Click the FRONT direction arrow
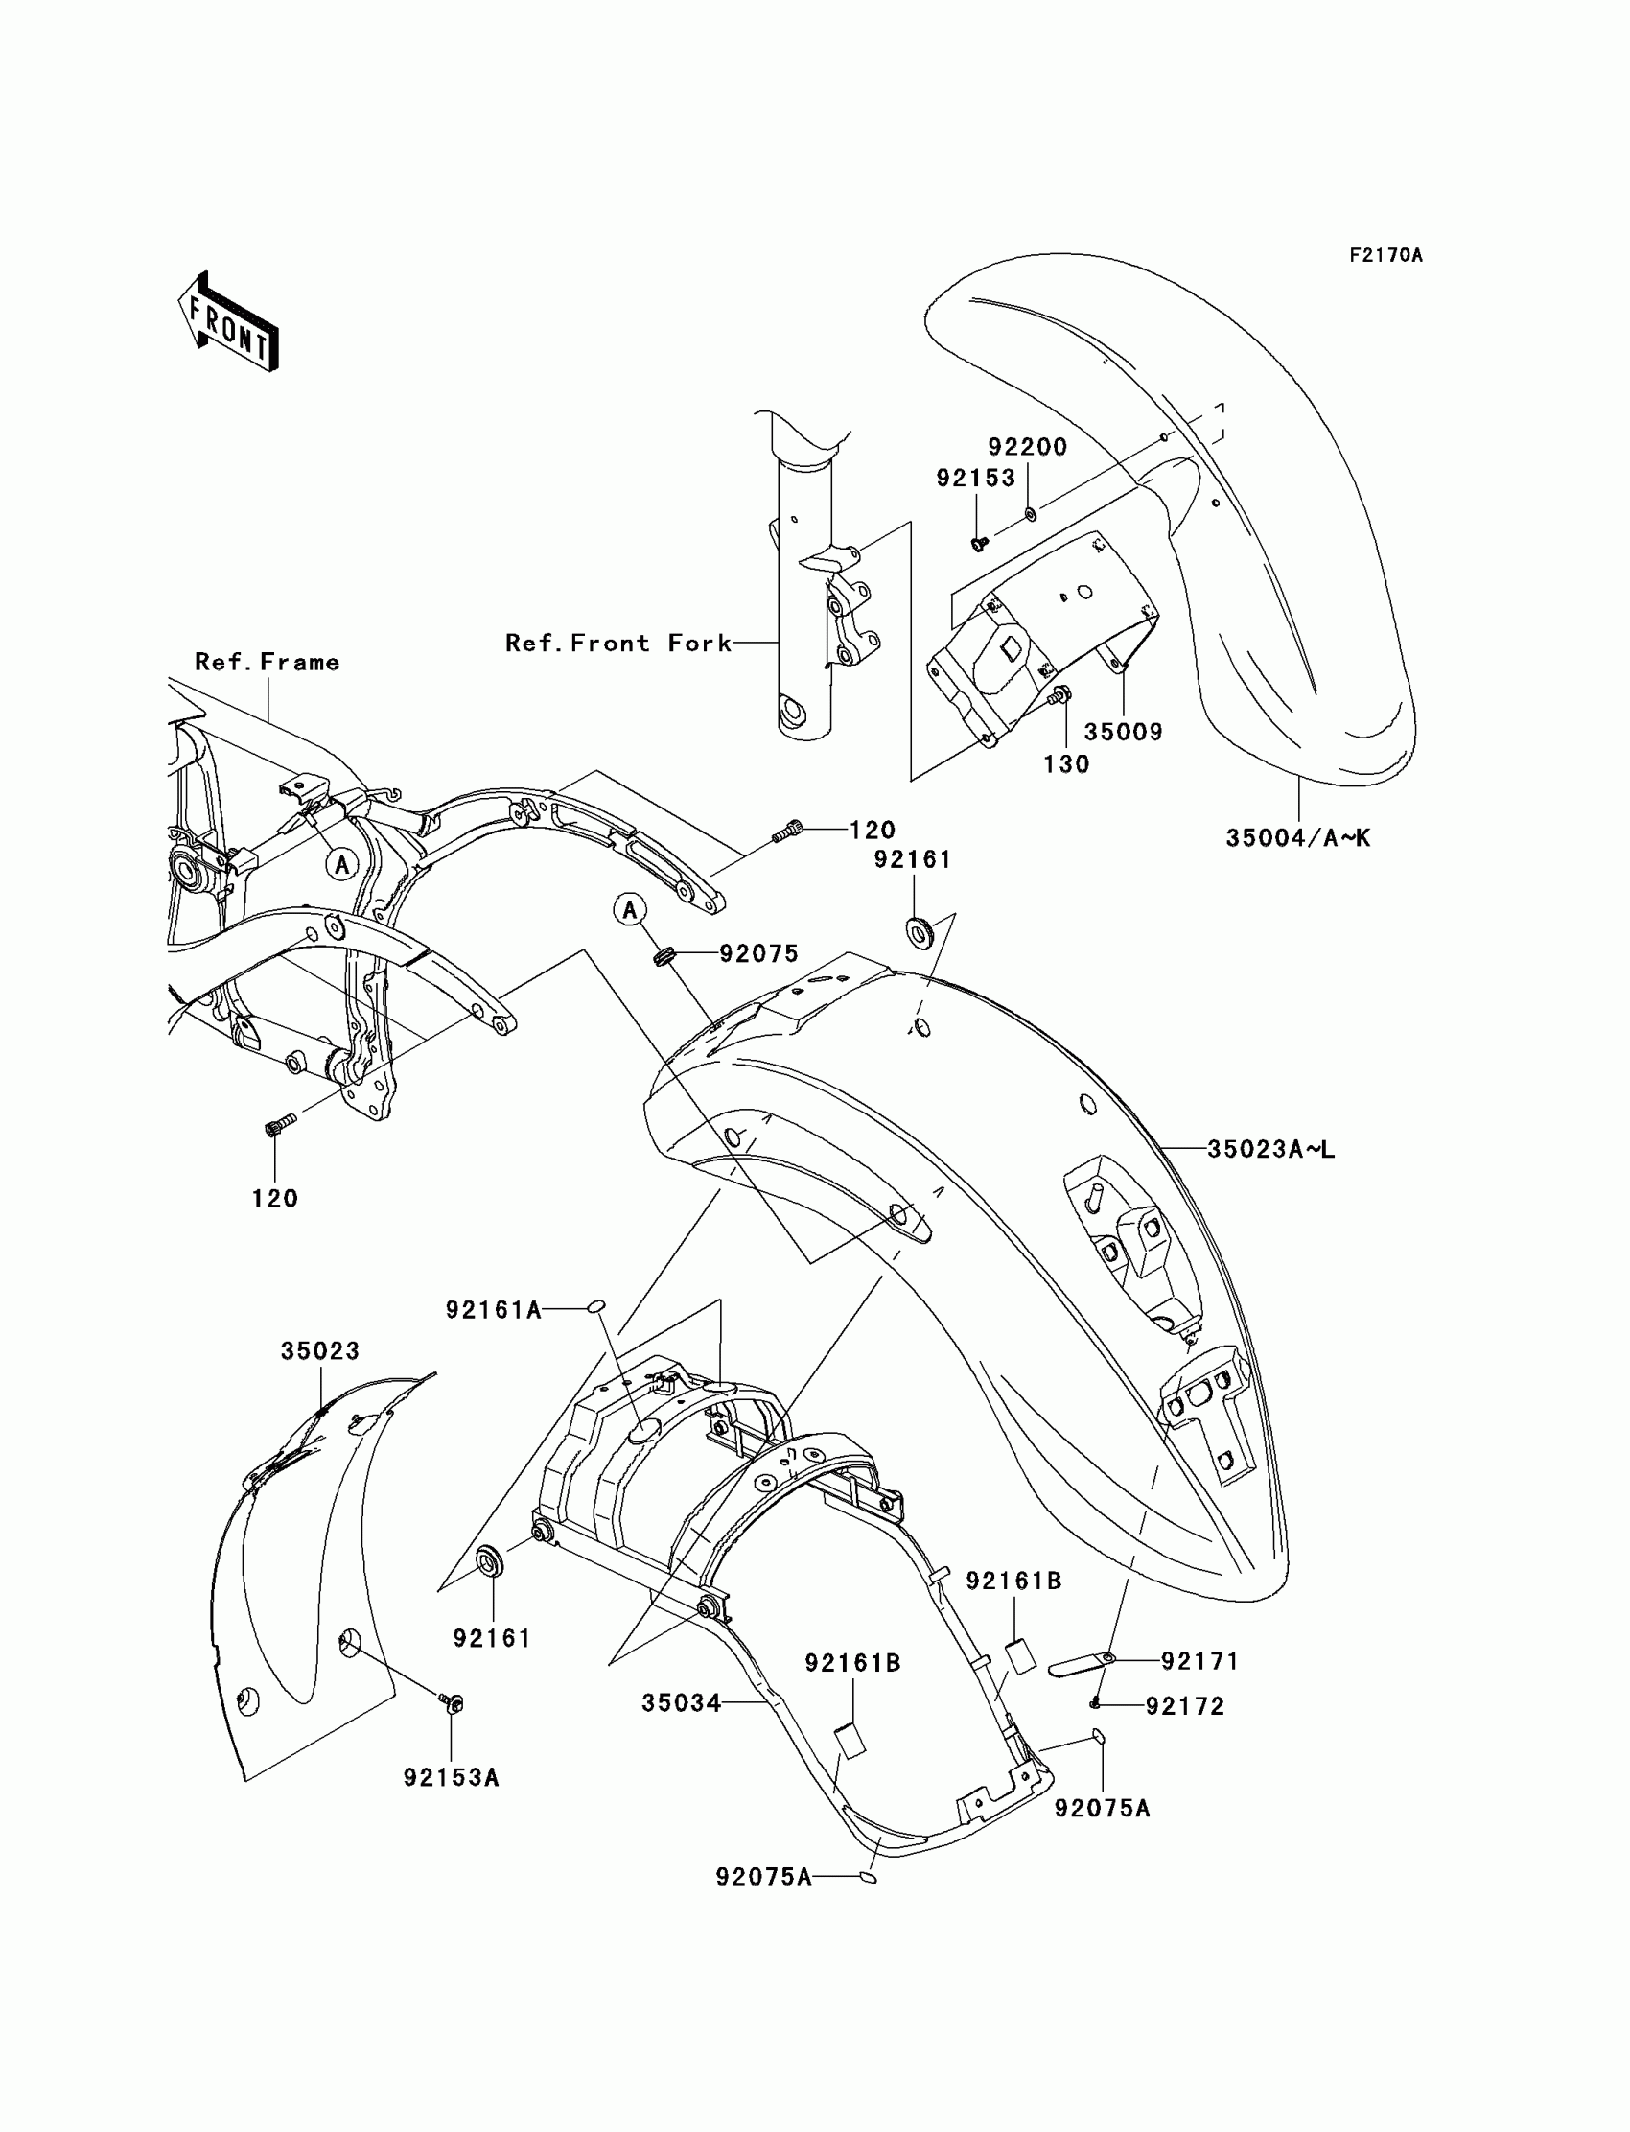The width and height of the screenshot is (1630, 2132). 229,322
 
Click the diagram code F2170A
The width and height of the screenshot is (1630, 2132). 1385,255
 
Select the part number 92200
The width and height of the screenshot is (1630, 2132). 1028,447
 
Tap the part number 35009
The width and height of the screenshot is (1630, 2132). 1123,732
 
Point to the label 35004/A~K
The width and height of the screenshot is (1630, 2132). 1298,838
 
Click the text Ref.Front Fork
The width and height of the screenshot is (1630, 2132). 618,644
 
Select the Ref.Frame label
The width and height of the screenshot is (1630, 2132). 267,663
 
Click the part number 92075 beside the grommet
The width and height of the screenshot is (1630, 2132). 758,954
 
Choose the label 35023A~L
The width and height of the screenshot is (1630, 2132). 1271,1150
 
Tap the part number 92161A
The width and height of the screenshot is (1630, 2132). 493,1310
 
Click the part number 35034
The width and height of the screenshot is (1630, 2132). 681,1703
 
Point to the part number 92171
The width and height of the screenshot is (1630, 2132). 1200,1661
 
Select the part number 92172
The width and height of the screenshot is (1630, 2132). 1185,1706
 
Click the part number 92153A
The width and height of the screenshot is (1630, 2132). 452,1778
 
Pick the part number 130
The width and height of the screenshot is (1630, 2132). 1066,764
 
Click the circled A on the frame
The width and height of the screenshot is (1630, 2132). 341,864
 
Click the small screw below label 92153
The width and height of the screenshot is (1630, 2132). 980,543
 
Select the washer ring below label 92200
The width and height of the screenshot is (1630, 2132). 1030,511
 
